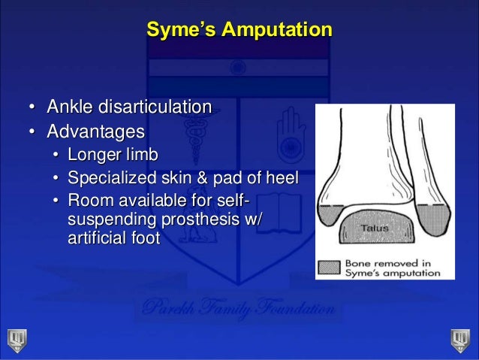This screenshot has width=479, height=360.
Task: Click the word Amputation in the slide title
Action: coord(277,31)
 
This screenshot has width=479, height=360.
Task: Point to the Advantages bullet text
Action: coord(96,132)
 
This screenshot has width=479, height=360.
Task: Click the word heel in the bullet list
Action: coord(280,179)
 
